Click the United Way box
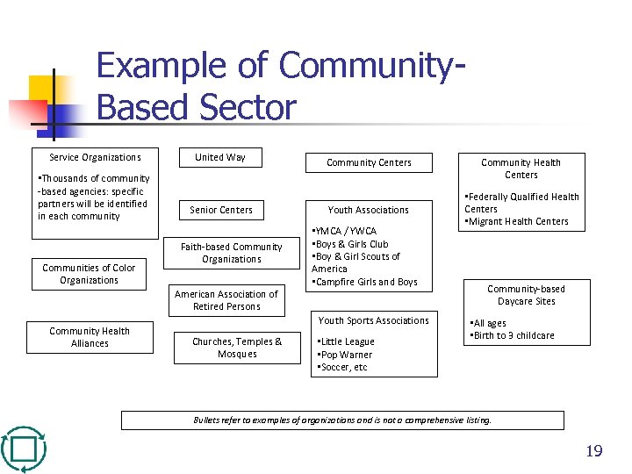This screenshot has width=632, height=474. (220, 158)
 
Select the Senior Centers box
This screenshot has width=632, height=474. (221, 211)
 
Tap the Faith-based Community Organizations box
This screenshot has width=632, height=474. (232, 254)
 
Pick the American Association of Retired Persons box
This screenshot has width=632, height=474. (226, 301)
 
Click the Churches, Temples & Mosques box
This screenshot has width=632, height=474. (237, 348)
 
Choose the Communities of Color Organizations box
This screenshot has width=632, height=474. (89, 275)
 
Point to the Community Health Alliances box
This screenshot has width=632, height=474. (90, 338)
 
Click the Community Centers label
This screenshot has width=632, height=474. (369, 163)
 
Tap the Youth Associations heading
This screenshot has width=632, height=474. (369, 211)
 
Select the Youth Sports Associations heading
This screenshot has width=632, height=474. (374, 321)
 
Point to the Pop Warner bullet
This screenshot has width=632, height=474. (344, 355)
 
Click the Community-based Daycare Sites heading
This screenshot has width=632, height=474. (526, 296)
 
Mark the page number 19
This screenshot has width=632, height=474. (594, 452)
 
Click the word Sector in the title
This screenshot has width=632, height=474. (248, 108)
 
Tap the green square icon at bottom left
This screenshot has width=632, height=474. (24, 449)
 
